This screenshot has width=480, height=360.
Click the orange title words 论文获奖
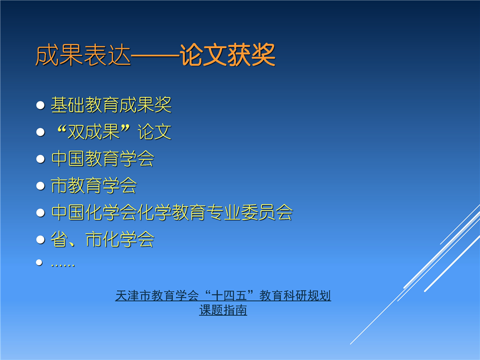[227, 55]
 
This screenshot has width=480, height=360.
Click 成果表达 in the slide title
[83, 55]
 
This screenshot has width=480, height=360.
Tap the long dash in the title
[155, 55]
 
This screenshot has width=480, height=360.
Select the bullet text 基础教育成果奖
[111, 104]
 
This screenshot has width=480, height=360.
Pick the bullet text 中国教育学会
[103, 158]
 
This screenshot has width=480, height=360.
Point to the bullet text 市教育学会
[94, 185]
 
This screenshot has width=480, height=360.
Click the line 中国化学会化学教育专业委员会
[172, 212]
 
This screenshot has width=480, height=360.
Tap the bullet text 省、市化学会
[102, 239]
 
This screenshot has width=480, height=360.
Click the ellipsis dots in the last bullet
[63, 265]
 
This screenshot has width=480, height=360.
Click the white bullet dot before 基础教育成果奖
[40, 105]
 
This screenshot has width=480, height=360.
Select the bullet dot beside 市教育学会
[40, 186]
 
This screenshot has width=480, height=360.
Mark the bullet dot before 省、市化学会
[40, 239]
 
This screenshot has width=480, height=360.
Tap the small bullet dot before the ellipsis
[39, 262]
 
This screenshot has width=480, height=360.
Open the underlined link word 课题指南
[223, 310]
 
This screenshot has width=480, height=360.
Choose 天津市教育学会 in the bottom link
[157, 295]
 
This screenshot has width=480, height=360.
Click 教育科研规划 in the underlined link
[295, 295]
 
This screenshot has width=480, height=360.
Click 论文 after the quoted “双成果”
[154, 131]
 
